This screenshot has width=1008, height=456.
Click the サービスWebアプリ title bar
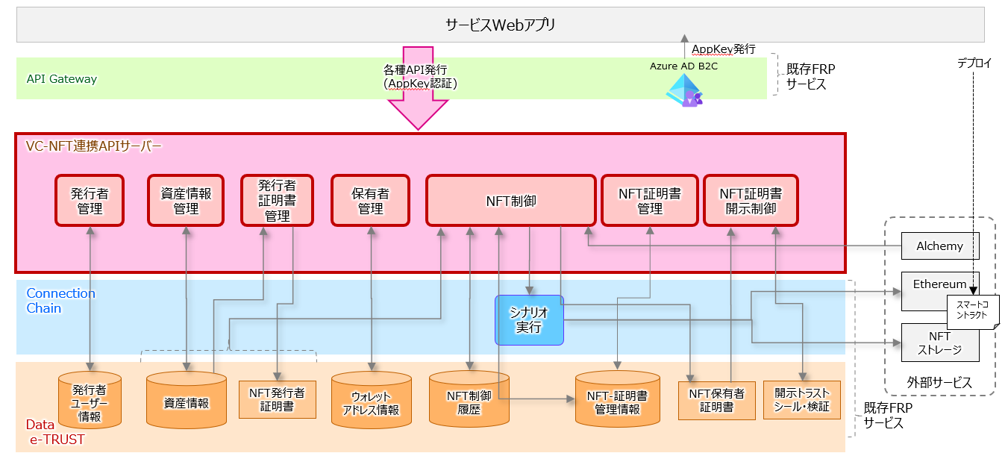click(x=501, y=25)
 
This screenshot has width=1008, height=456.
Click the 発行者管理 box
click(x=90, y=201)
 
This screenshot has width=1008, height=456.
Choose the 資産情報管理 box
click(x=186, y=201)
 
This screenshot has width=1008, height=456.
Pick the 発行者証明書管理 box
click(x=277, y=201)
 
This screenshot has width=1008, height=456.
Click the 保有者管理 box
click(x=370, y=201)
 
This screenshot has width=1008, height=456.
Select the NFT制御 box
click(x=510, y=201)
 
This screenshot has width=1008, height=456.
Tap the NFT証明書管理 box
click(x=649, y=201)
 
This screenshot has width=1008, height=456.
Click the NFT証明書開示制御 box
click(x=751, y=201)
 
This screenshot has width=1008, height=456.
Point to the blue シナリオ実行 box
click(x=529, y=320)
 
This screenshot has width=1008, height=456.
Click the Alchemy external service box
click(x=939, y=246)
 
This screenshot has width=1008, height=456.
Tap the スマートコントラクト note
click(x=972, y=310)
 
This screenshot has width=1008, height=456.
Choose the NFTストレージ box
click(x=939, y=343)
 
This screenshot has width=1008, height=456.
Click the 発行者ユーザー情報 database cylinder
click(x=90, y=402)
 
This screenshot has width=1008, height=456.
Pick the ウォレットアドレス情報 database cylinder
click(x=371, y=402)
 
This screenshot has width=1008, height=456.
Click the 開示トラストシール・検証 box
click(x=802, y=399)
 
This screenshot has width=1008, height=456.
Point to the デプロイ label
click(x=974, y=63)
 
